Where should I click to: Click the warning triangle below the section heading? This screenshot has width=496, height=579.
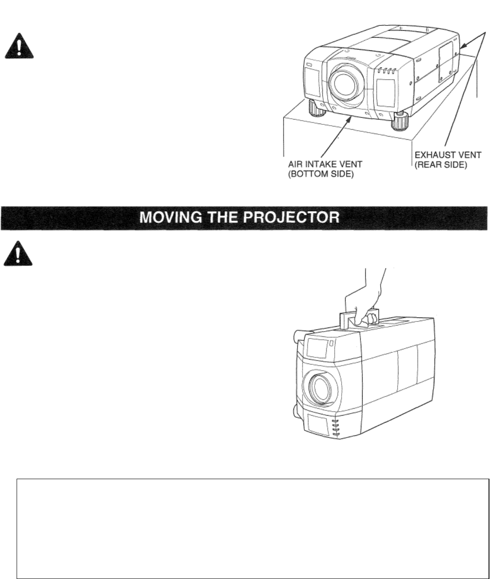(19, 254)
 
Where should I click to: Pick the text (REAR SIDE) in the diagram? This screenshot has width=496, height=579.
(441, 166)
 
